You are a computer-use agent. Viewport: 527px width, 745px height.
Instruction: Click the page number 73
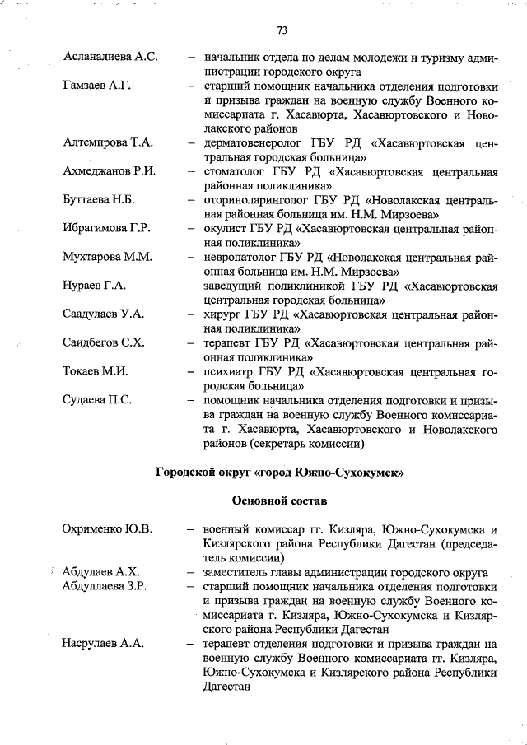[x=282, y=30]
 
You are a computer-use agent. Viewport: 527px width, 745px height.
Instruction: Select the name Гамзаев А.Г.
[x=97, y=86]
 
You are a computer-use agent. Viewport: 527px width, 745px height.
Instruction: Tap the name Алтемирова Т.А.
[x=108, y=142]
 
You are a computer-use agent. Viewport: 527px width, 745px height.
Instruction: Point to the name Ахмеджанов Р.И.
[x=110, y=171]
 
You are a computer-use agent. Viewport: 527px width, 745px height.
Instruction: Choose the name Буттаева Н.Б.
[x=99, y=200]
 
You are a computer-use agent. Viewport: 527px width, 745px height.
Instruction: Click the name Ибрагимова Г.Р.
[x=106, y=228]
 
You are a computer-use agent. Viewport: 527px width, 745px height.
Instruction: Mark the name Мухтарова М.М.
[x=107, y=257]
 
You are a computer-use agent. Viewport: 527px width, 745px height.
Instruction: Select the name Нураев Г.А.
[x=94, y=286]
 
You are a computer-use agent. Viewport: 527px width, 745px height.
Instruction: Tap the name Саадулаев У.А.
[x=104, y=314]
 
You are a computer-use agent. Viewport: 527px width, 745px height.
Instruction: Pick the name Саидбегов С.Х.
[x=104, y=342]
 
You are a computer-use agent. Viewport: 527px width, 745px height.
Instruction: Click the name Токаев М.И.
[x=95, y=371]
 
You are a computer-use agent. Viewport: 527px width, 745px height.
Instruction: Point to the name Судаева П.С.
[x=97, y=400]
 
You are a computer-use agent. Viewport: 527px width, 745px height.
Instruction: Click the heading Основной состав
[x=280, y=500]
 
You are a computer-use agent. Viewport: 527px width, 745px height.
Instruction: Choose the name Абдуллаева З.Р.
[x=105, y=587]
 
